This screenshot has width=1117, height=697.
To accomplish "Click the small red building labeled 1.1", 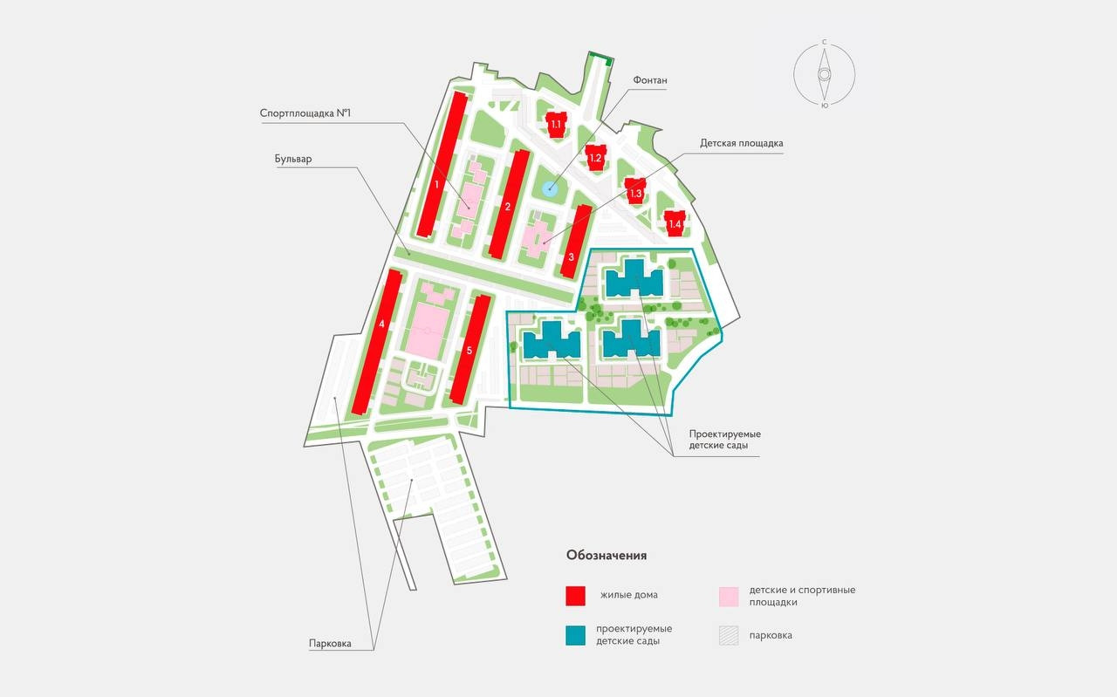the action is [556, 124].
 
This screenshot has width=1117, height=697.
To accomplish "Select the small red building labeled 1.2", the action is [596, 157].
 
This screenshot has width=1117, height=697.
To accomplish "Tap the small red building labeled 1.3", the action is [635, 192].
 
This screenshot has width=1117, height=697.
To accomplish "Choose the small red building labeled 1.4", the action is [675, 222].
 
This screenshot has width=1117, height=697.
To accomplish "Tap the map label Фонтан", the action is [649, 80].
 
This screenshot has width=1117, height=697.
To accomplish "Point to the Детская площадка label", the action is [742, 143].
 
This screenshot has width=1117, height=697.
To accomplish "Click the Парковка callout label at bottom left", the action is [330, 644].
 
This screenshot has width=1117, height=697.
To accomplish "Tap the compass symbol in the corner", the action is [824, 74].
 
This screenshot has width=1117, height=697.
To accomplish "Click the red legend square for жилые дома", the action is [575, 596].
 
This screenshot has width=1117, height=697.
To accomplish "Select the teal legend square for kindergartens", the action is [575, 635].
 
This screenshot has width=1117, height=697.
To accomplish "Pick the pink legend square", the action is [729, 596].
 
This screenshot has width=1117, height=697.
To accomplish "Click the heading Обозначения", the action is [606, 555].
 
